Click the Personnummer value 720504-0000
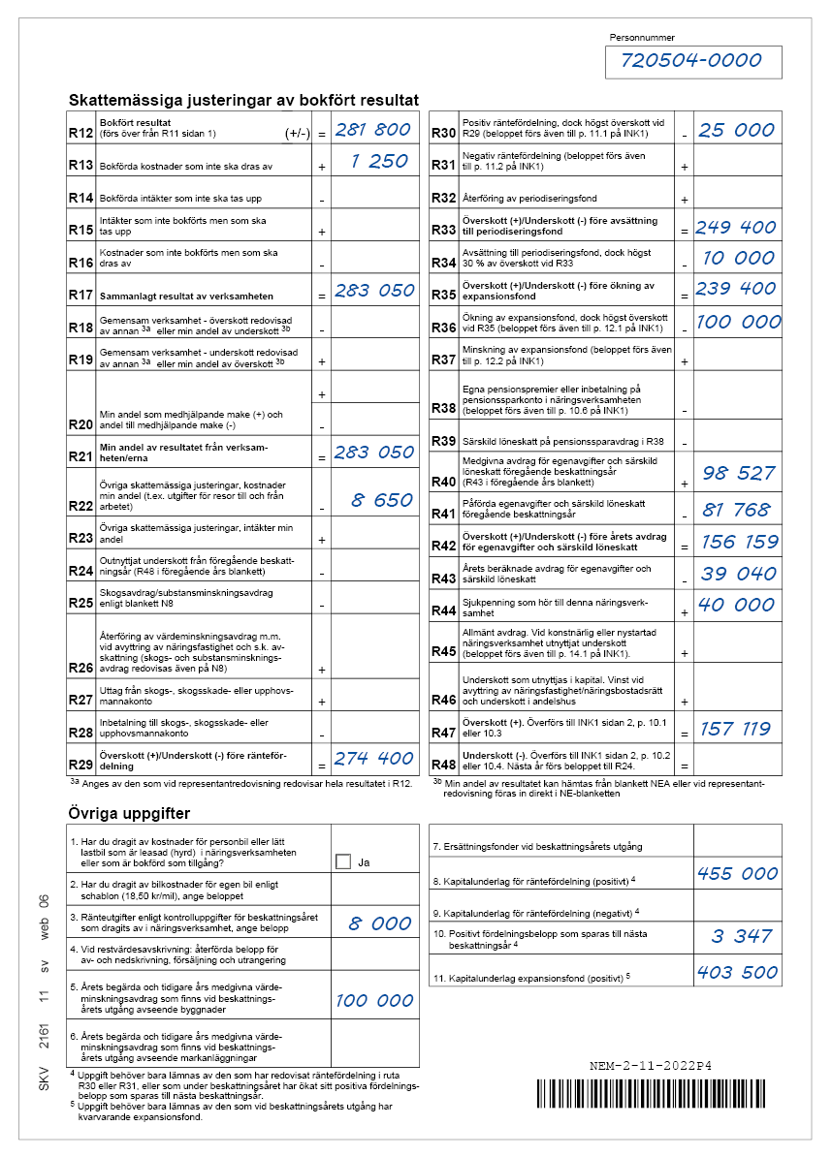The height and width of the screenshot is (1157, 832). point(692,61)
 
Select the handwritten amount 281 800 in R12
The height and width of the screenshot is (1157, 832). point(372,130)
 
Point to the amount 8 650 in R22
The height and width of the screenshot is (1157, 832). point(381,500)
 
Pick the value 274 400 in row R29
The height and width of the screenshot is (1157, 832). point(373,757)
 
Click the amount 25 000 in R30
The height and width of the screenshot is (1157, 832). point(736,130)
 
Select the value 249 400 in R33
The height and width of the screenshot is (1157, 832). point(736,227)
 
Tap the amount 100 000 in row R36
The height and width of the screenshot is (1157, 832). point(738,322)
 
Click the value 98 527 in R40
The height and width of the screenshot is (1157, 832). point(738,473)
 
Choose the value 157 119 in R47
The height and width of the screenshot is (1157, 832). point(735,729)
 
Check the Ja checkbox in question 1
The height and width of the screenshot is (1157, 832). point(342,861)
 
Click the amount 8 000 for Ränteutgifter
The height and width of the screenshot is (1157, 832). point(380,923)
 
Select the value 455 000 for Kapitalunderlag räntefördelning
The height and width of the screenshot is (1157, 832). point(737,873)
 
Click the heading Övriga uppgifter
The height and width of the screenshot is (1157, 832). point(130,813)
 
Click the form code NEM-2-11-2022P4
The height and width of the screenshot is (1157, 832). point(651,1066)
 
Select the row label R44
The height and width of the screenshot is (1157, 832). point(444,610)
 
